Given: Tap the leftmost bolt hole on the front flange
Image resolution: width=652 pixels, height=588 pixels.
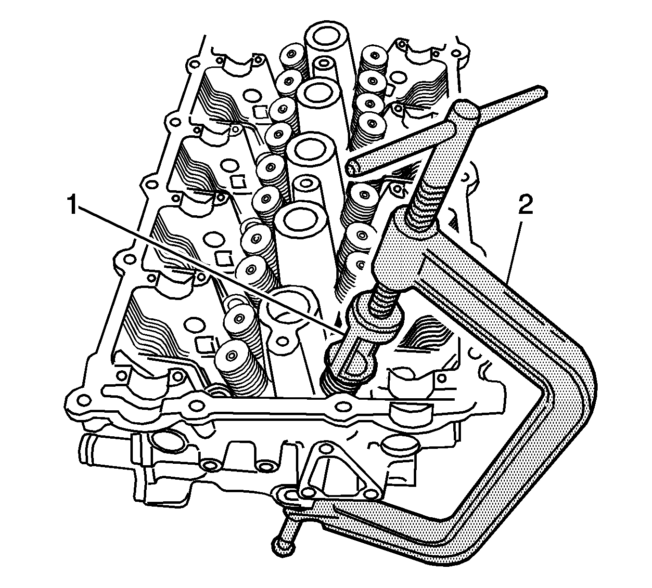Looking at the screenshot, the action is [85, 399].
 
